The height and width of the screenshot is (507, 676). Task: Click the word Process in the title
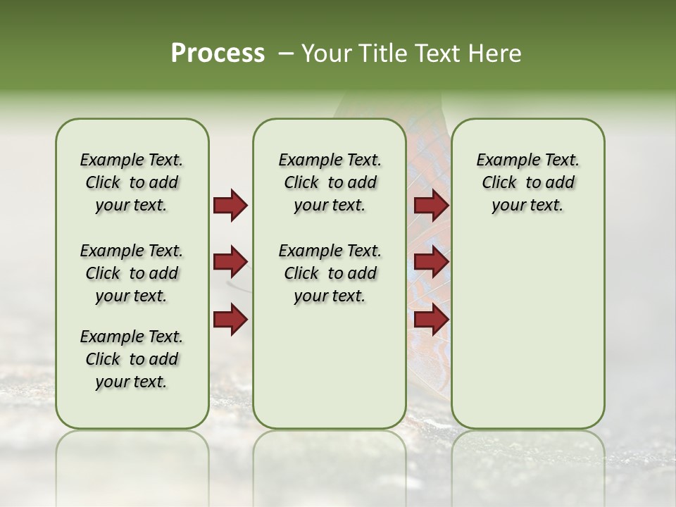218,53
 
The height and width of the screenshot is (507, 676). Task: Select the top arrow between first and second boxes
230,206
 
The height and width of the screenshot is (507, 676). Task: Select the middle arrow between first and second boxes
230,263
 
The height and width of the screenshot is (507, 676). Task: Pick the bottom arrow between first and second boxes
230,319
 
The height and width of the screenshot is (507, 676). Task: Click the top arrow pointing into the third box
431,206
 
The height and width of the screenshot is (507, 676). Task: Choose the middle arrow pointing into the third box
431,263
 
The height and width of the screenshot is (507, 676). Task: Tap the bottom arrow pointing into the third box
431,319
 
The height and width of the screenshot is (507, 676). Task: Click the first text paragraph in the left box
132,182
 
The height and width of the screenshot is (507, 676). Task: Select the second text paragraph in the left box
132,273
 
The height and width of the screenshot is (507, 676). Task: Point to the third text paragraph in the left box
132,359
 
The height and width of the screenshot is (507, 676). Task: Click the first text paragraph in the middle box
330,182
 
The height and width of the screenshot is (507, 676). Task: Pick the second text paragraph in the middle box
330,273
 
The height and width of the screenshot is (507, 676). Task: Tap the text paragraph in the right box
527,182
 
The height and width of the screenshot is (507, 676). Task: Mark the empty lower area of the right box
527,331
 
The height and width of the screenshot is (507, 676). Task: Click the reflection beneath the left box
132,458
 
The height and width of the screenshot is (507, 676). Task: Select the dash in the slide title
286,54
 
